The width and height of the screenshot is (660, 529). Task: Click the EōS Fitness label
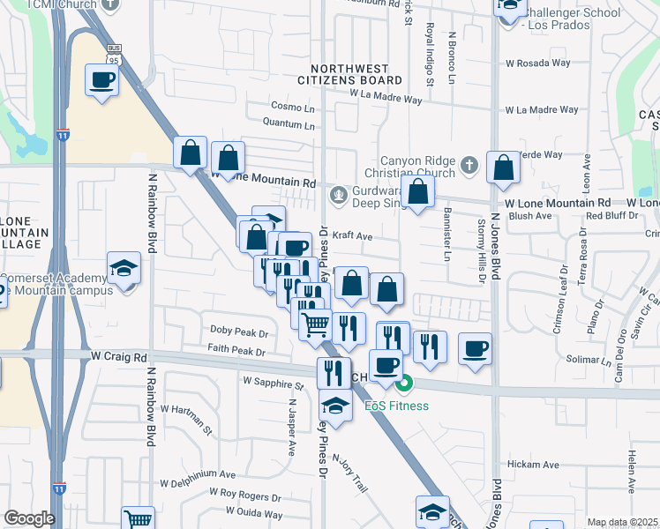[x=397, y=406]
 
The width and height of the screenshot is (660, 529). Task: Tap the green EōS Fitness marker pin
[x=404, y=384]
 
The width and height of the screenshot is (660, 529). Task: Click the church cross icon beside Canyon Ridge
[x=469, y=165]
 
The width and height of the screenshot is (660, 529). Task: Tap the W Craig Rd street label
[x=118, y=357]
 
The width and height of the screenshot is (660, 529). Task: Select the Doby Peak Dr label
[x=237, y=331]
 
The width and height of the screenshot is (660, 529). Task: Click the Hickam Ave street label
[x=533, y=465]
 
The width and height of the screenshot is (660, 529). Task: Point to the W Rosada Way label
[x=540, y=63]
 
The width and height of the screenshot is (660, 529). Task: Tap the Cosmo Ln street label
[x=293, y=107]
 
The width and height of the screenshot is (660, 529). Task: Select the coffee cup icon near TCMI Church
[x=101, y=80]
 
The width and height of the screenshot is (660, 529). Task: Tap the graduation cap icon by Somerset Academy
[x=124, y=268]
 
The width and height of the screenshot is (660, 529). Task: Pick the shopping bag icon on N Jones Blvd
[x=502, y=168]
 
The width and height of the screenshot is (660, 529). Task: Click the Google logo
[x=29, y=518]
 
